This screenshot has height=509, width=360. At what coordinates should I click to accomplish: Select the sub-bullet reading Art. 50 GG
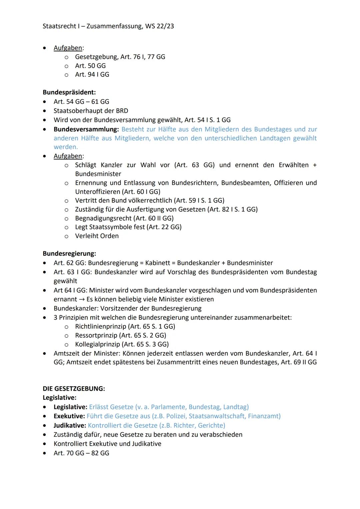click(x=90, y=66)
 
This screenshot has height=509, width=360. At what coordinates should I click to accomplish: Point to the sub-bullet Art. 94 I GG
click(x=92, y=74)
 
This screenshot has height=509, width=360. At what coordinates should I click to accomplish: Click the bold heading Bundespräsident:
click(x=69, y=92)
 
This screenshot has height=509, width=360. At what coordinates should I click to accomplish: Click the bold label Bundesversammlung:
click(x=86, y=129)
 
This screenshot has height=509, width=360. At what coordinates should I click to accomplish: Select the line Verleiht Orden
click(x=97, y=236)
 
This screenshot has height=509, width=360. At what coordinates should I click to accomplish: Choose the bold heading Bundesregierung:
click(x=69, y=253)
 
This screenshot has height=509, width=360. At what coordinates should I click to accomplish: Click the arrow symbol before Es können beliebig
click(x=82, y=299)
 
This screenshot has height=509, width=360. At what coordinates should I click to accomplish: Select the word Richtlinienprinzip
click(x=100, y=326)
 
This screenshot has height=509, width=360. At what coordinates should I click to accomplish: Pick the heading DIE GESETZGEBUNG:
click(x=74, y=389)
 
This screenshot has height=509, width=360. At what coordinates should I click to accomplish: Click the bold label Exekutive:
click(x=69, y=416)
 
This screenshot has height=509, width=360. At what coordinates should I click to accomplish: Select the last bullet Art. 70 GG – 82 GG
click(x=81, y=453)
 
